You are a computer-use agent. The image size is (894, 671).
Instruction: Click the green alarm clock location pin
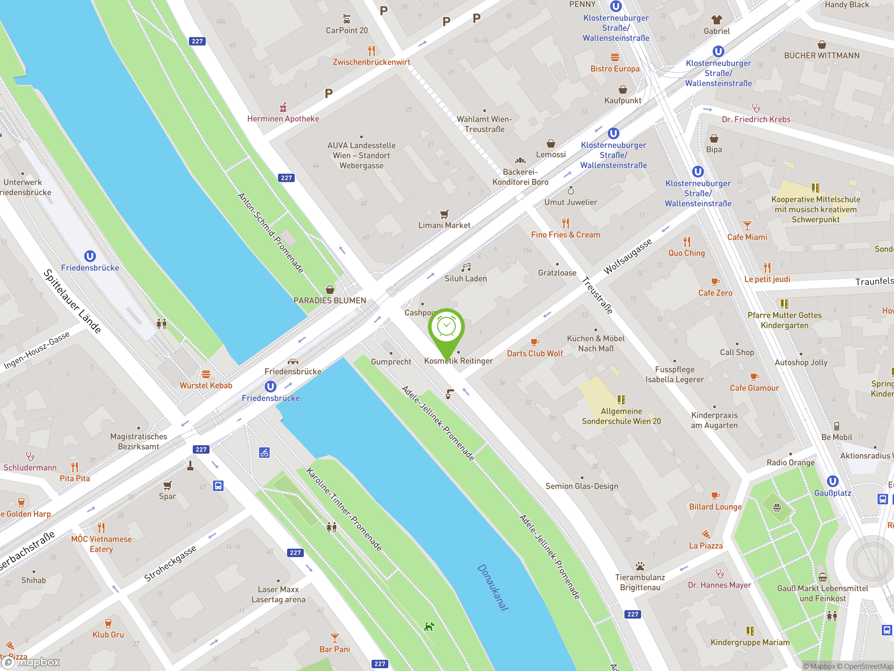[x=446, y=327]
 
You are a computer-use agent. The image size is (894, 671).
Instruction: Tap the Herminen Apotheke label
[x=283, y=118]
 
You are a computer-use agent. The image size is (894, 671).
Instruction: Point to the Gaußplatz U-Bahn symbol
[x=833, y=481]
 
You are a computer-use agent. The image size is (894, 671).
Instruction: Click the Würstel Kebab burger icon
[x=206, y=374]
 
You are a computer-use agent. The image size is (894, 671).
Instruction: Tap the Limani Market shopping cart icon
[x=444, y=214]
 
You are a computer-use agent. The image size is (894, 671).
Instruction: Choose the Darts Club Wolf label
[x=535, y=354]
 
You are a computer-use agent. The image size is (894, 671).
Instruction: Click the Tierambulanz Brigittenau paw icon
[x=640, y=566]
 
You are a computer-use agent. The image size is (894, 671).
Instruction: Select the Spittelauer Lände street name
[x=72, y=301]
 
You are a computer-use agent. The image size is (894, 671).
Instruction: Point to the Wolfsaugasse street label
[x=627, y=257]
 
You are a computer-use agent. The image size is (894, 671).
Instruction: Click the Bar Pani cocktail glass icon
[x=335, y=638]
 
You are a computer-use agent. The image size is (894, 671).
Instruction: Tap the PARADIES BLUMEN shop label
[x=329, y=301]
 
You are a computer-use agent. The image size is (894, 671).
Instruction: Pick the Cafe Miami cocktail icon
[x=747, y=226]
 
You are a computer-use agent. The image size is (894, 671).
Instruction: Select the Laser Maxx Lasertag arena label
[x=278, y=594]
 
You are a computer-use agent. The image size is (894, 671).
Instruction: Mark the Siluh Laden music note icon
[x=466, y=267]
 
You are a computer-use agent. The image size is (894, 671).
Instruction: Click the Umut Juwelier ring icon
[x=571, y=190]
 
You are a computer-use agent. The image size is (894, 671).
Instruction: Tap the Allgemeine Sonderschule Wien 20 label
[x=621, y=416]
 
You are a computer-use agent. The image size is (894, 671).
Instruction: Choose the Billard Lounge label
[x=715, y=507]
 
